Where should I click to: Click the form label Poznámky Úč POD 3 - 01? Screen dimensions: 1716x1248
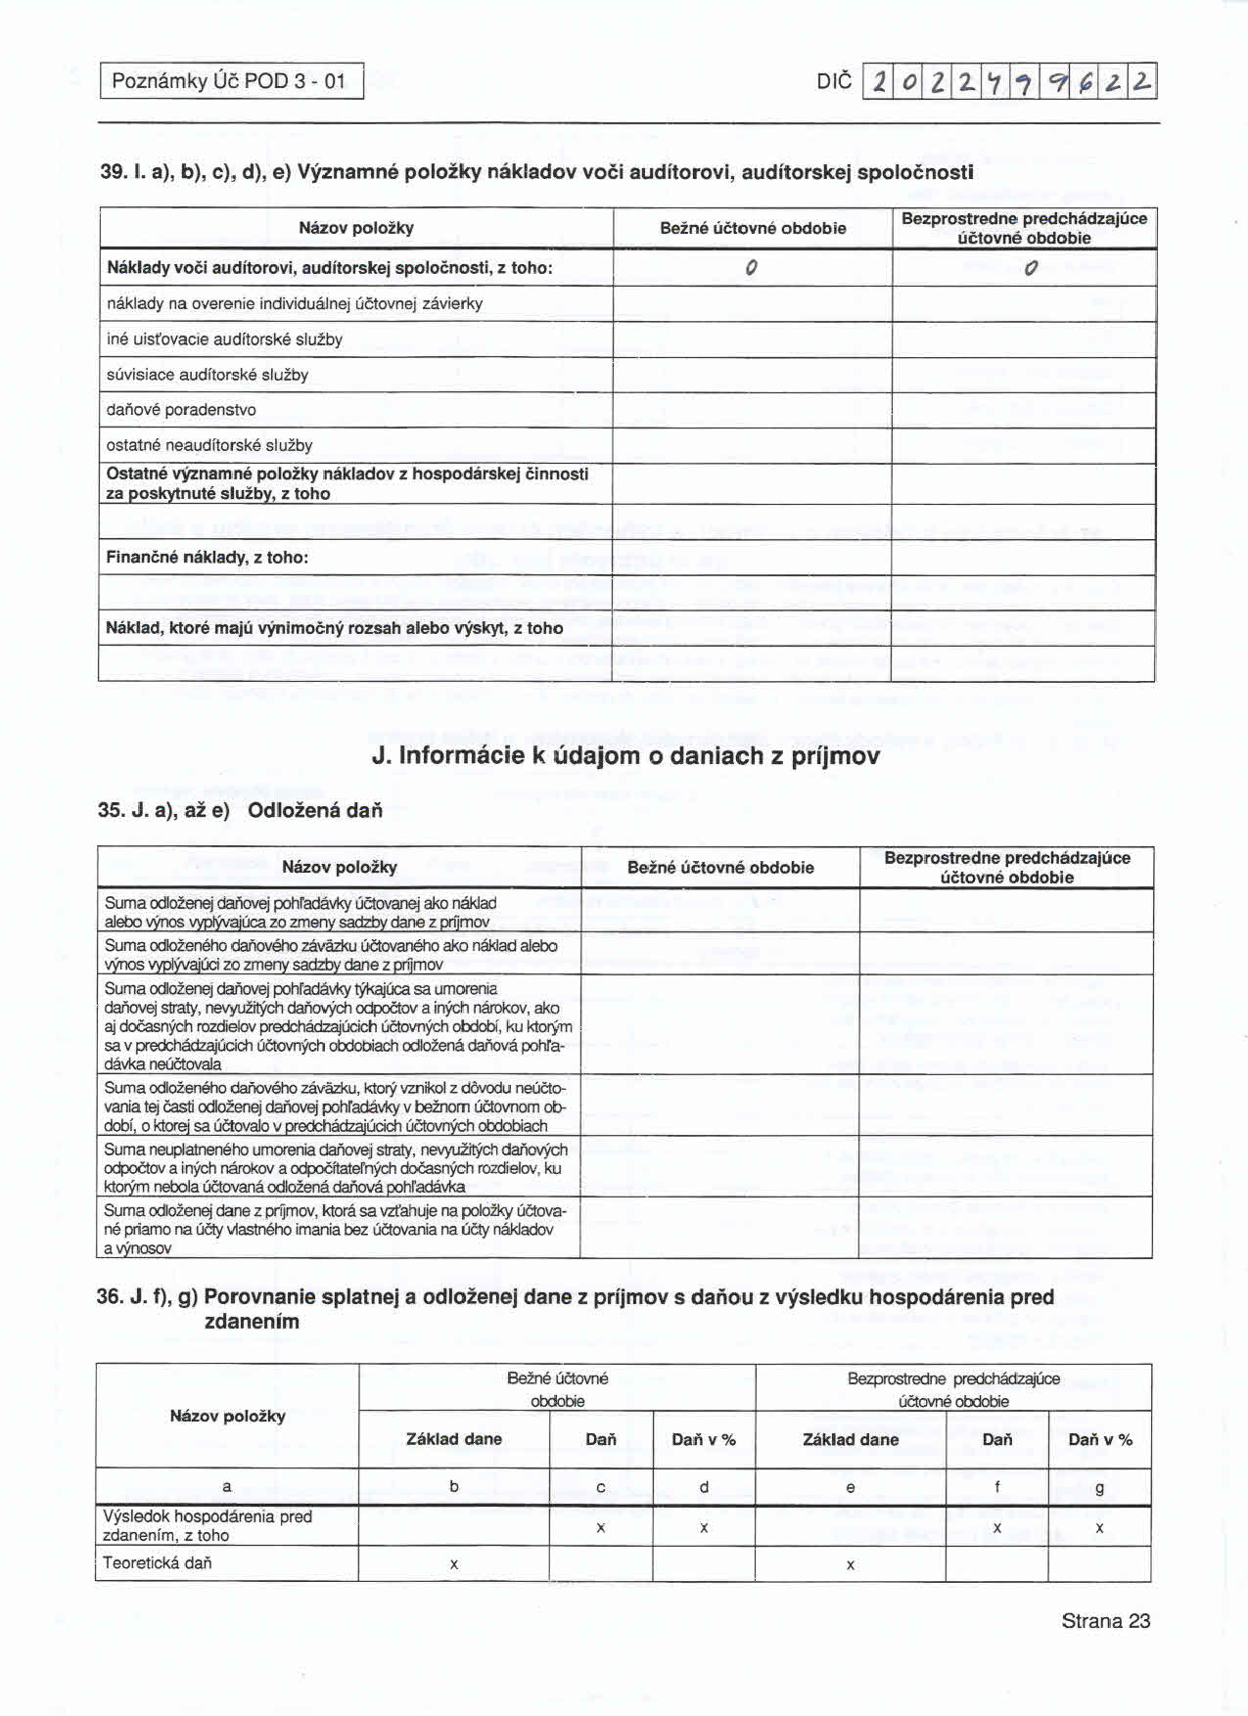pos(230,81)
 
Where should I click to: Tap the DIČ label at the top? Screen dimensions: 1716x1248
pos(834,81)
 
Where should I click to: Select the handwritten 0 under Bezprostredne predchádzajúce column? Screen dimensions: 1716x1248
pos(1029,268)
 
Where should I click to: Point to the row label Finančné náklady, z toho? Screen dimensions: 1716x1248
pos(208,558)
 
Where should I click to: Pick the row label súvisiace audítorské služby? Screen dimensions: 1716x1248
pos(208,375)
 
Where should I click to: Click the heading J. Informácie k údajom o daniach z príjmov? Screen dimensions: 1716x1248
pos(625,756)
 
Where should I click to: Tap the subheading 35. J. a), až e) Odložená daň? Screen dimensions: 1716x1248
pos(241,811)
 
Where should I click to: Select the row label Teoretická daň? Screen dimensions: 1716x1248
pos(158,1562)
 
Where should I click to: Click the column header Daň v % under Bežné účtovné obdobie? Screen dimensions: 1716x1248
pos(704,1439)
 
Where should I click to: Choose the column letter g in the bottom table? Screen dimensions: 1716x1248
pos(1099,1488)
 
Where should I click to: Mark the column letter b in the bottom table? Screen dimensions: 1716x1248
pos(454,1486)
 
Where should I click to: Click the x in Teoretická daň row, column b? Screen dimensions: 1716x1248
pos(454,1564)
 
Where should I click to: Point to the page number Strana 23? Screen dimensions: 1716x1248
pos(1105,1621)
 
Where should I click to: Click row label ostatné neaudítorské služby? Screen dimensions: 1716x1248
pos(209,445)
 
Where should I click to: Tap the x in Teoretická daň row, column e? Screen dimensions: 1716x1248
pos(850,1564)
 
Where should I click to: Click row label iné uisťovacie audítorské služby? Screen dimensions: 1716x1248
pos(224,339)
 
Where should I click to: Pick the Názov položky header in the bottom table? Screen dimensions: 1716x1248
pos(227,1416)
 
